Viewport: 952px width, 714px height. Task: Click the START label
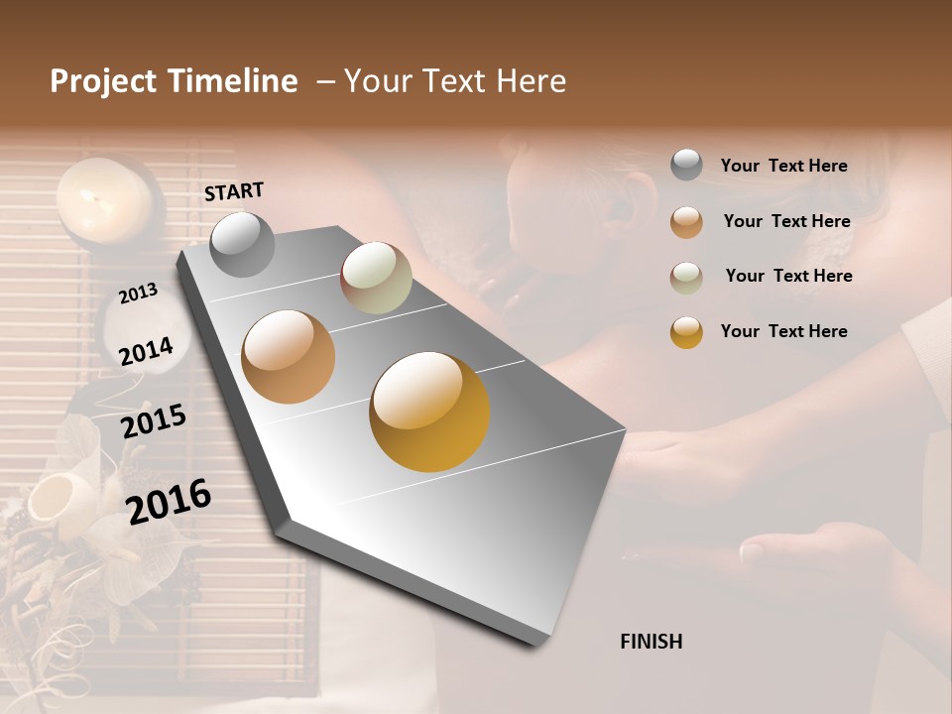point(234,191)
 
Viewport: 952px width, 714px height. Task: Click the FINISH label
point(651,642)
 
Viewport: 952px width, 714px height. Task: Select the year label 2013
point(138,293)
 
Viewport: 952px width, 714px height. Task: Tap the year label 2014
point(146,351)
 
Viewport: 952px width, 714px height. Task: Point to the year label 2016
point(169,501)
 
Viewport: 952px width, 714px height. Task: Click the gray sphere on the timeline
point(243,244)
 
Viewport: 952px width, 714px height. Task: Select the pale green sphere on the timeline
point(376,278)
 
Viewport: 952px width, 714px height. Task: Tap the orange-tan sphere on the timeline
point(289,357)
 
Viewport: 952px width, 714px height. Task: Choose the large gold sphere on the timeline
point(429,412)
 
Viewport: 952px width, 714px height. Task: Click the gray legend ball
point(686,165)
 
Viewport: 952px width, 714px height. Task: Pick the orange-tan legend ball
point(686,222)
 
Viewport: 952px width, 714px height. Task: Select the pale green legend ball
point(686,277)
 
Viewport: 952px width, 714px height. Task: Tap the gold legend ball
point(686,332)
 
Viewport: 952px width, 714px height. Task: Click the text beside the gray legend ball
point(783,166)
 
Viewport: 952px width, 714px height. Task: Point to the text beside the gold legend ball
point(783,331)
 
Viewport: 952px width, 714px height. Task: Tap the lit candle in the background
point(103,197)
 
